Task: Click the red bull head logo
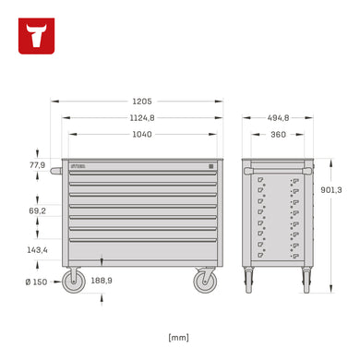point(36,36)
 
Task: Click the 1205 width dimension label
point(142,102)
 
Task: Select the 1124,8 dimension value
point(142,118)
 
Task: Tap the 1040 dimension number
point(142,135)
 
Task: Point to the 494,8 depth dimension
point(278,118)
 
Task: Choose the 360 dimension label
point(278,135)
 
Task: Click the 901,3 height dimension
point(331,190)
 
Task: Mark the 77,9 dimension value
point(37,165)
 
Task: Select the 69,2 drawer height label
point(37,210)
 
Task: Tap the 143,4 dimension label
point(37,250)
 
